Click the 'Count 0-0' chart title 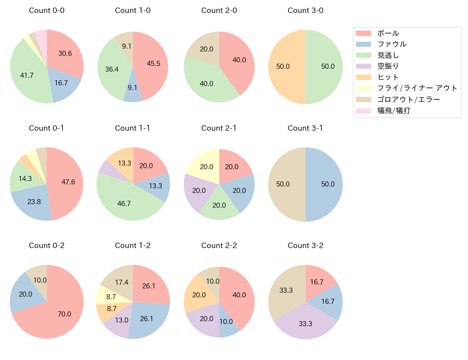[x=47, y=10]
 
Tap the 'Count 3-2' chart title [x=305, y=246]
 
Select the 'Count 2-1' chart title [x=219, y=128]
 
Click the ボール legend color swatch [x=363, y=33]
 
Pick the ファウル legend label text [x=392, y=44]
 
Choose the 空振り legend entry [x=388, y=66]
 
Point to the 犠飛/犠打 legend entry [x=393, y=111]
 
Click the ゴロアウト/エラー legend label [x=409, y=99]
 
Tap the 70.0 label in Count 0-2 [x=64, y=314]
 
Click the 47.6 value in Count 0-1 [x=68, y=182]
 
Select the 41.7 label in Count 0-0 [x=27, y=75]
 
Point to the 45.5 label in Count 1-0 [x=154, y=63]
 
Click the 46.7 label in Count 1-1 [x=124, y=203]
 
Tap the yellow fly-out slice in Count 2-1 [x=203, y=164]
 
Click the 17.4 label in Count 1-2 [x=122, y=282]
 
